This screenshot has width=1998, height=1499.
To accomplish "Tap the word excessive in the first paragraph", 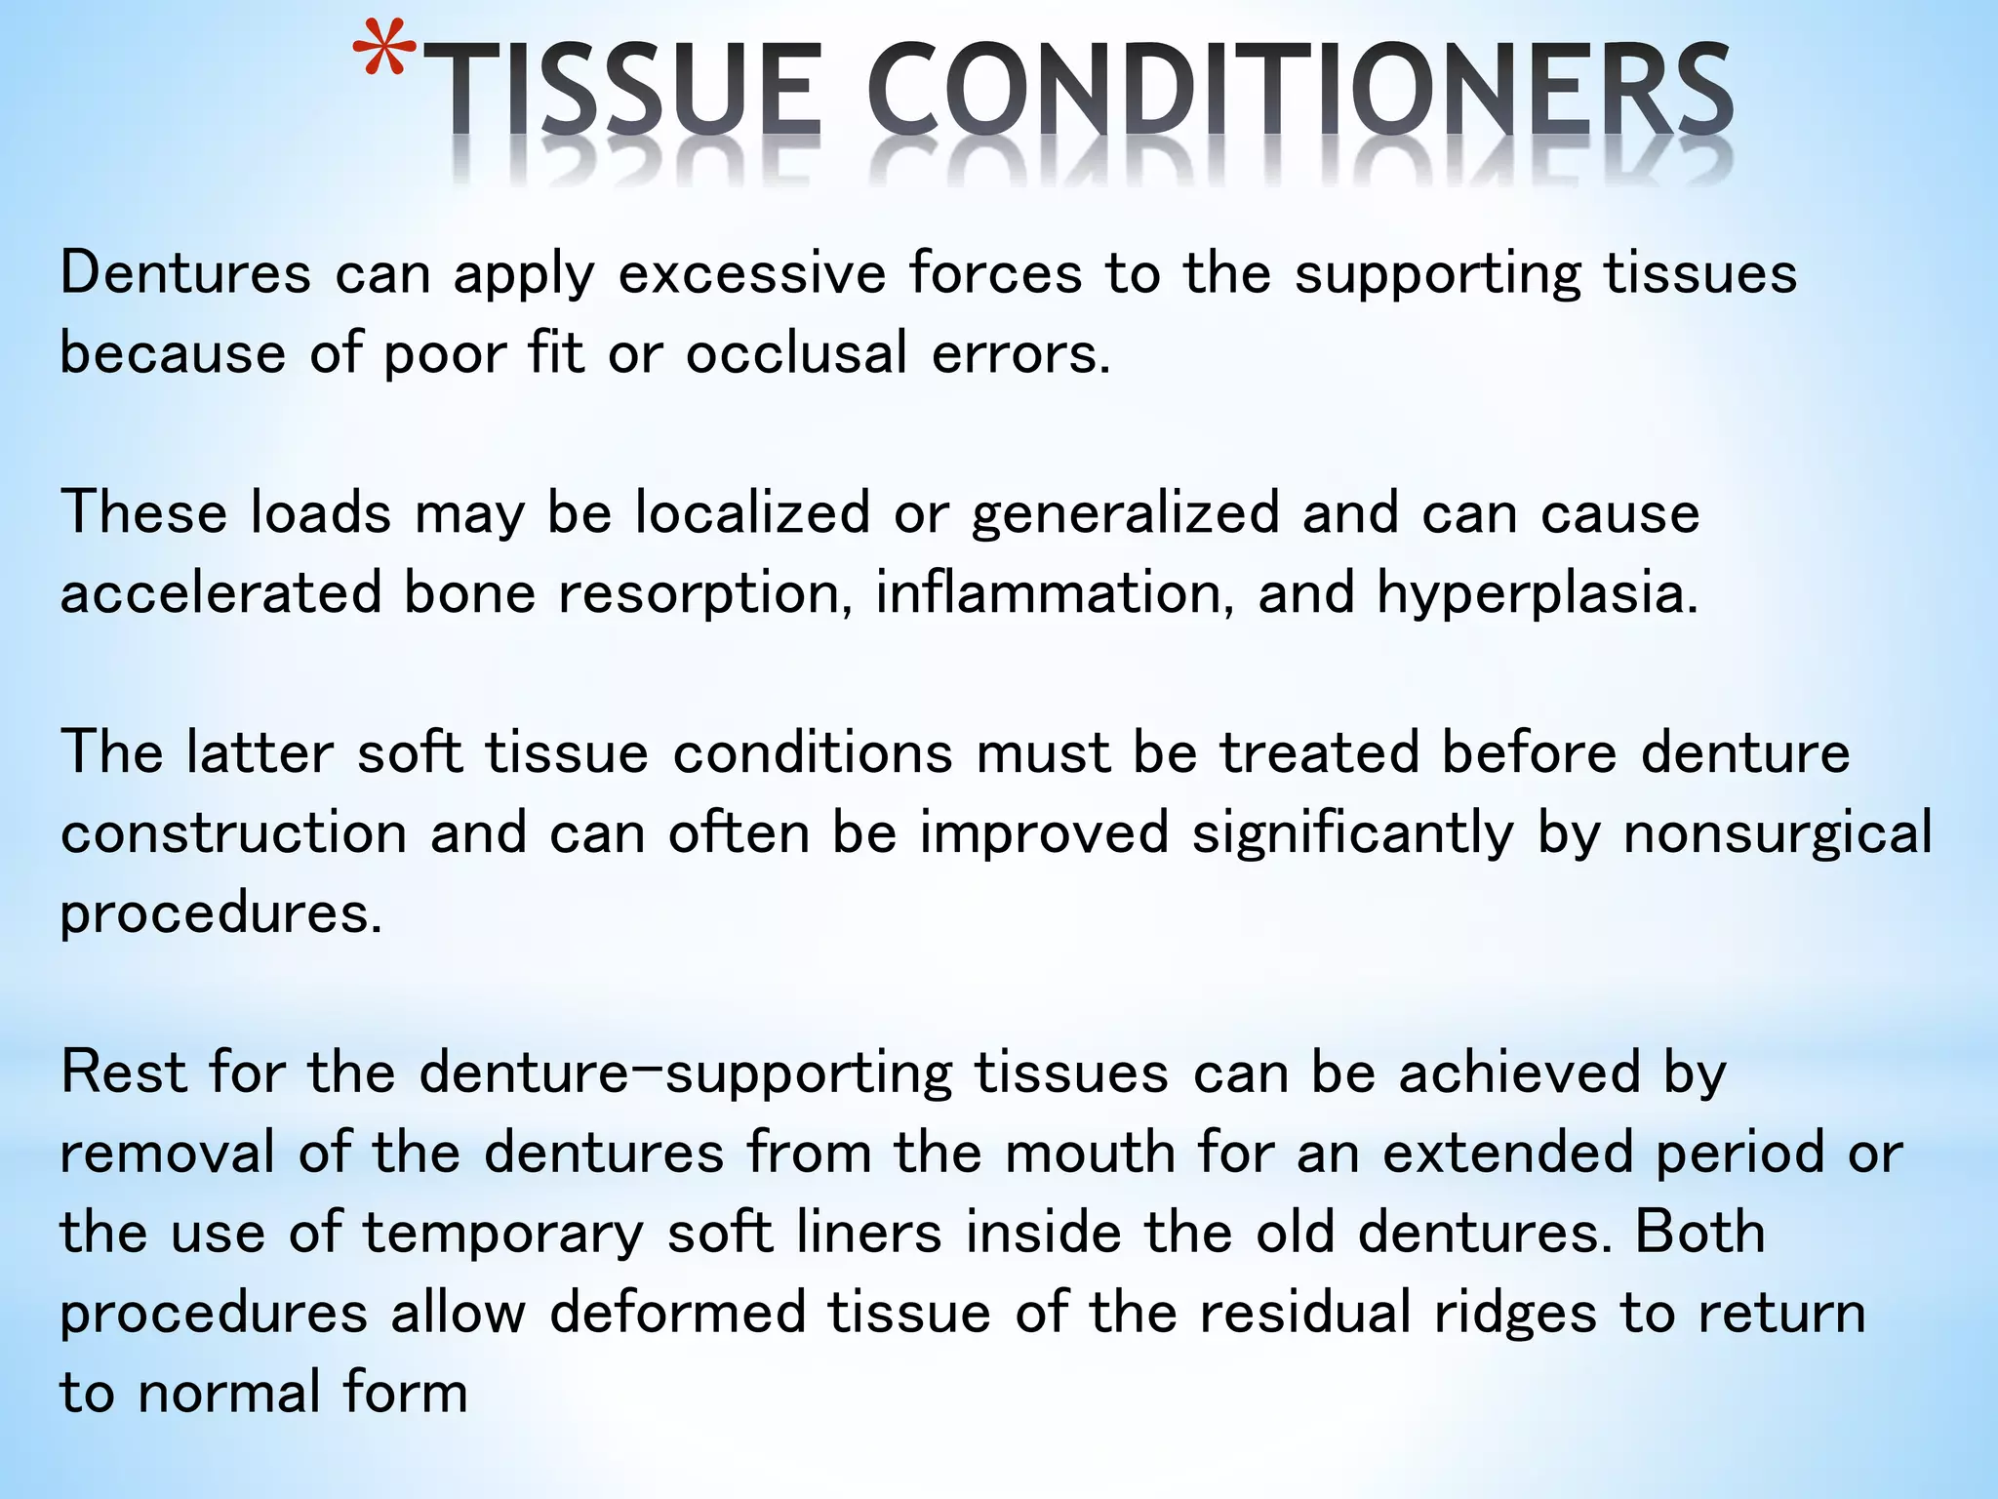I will click(x=752, y=273).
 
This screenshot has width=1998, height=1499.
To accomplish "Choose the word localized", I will click(x=751, y=513).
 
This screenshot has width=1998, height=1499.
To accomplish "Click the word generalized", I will click(x=1125, y=515).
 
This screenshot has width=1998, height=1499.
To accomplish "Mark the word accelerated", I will click(x=220, y=593).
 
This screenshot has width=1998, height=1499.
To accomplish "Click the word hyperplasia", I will click(x=1537, y=595).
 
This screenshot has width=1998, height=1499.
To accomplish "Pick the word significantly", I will click(x=1352, y=835).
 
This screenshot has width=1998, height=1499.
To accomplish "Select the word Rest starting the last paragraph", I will click(x=123, y=1074).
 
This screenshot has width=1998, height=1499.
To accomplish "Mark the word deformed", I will click(x=677, y=1314).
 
